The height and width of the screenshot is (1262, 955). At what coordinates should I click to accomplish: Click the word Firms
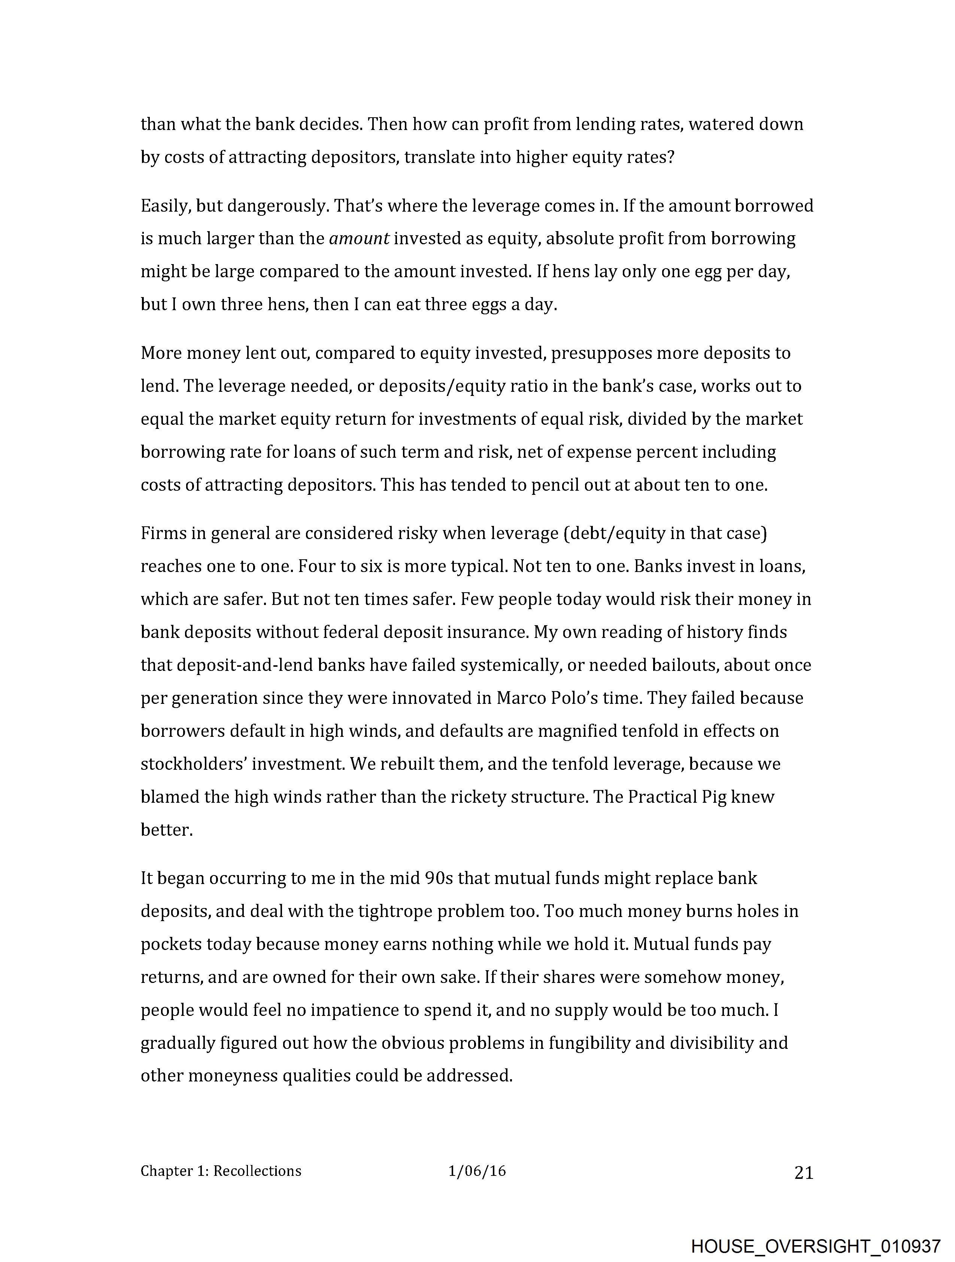click(160, 533)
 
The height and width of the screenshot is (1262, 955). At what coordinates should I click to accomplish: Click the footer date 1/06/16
click(477, 1171)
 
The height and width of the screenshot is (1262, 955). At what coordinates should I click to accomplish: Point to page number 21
click(803, 1173)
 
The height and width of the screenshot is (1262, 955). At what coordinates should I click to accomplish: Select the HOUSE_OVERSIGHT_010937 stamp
click(815, 1246)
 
